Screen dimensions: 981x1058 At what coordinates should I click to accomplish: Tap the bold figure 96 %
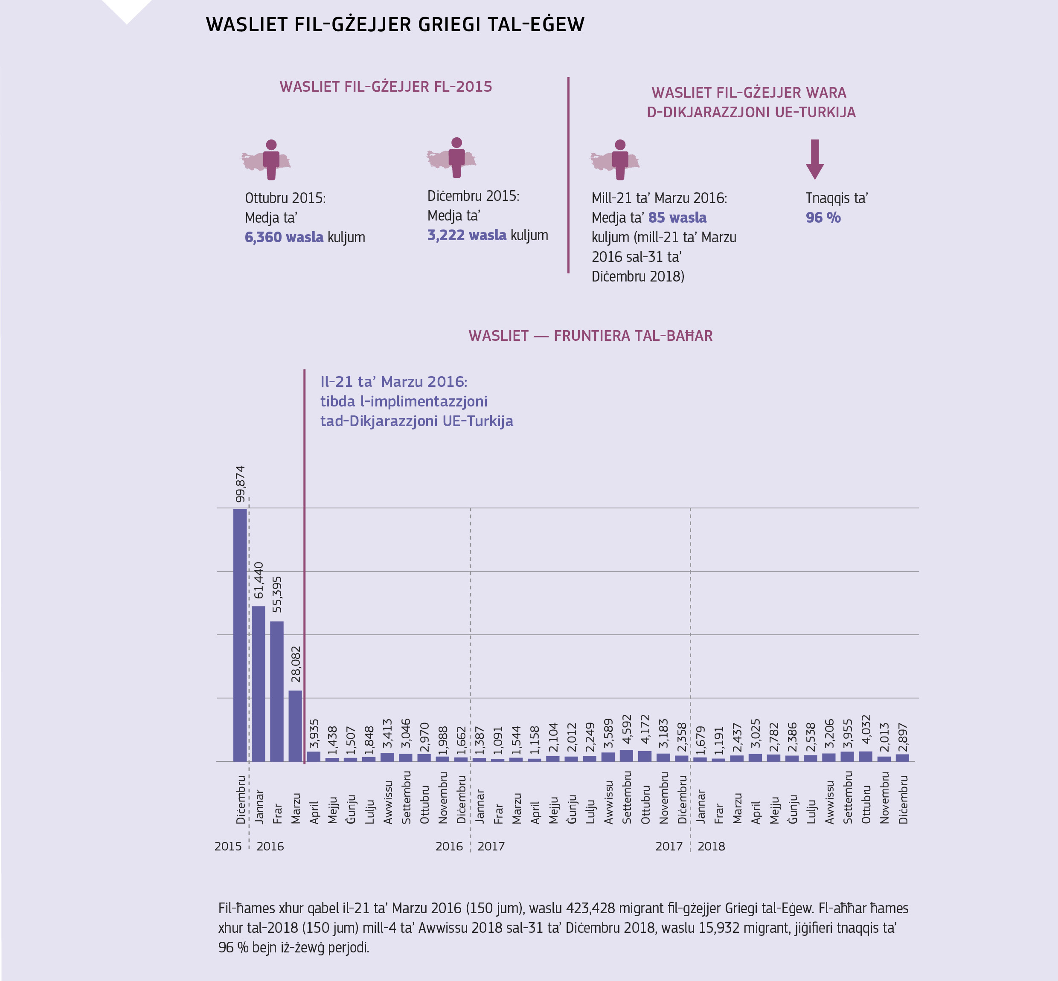(x=823, y=218)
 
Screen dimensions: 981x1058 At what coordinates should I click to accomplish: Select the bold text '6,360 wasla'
(x=284, y=237)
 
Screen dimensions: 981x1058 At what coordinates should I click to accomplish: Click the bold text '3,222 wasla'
(x=467, y=235)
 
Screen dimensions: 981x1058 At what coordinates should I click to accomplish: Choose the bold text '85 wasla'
(x=677, y=218)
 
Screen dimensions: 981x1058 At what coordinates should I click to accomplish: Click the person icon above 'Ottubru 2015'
(x=271, y=159)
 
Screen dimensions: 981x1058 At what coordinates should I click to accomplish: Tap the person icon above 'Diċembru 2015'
(x=456, y=157)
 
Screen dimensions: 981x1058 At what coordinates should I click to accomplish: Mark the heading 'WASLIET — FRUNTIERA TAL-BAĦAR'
(x=590, y=336)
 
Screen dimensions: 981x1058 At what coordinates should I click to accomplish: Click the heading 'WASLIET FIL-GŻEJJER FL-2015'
(x=386, y=87)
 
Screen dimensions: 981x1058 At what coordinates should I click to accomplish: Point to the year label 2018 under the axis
(x=711, y=846)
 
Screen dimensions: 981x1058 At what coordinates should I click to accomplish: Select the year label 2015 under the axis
(x=228, y=846)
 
